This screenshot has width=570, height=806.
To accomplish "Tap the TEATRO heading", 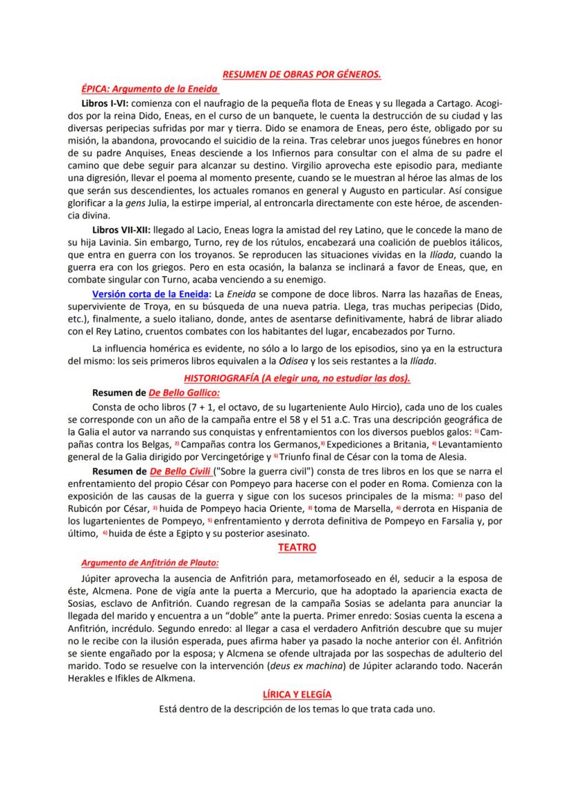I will point(297,548).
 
